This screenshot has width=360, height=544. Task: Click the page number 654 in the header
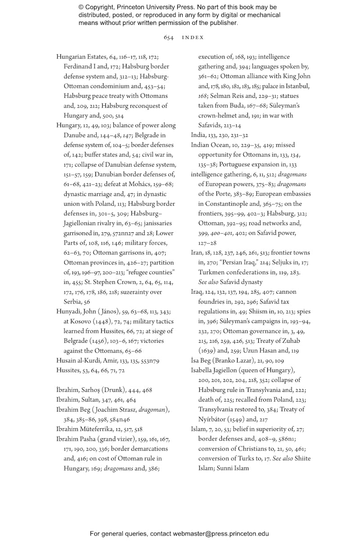coord(168,37)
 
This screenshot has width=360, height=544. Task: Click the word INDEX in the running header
coord(193,37)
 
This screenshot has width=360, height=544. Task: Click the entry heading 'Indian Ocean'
coord(210,145)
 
